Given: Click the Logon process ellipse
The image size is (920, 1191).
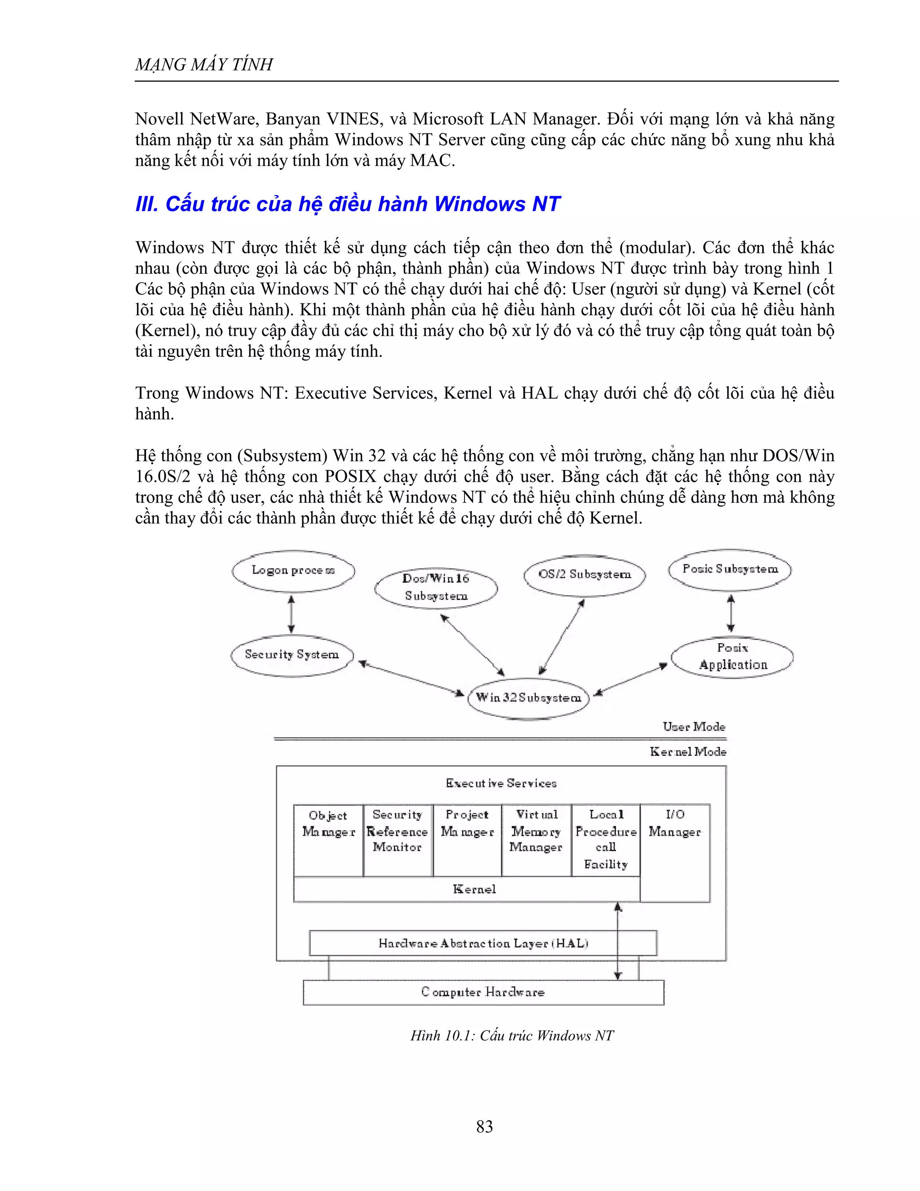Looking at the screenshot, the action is click(293, 571).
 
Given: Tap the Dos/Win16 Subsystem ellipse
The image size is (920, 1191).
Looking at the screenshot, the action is click(436, 588).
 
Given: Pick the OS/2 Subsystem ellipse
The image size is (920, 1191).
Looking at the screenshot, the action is click(584, 575).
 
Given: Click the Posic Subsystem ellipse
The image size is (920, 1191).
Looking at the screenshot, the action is click(730, 570).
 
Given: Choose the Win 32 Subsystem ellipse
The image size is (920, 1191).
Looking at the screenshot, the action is click(528, 698).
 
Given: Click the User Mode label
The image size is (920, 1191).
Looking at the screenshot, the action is click(694, 727).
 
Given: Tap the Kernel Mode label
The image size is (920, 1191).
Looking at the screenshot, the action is click(688, 752).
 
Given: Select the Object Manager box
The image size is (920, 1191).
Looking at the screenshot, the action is click(328, 840).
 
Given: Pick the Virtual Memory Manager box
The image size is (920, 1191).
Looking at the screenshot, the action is click(536, 840).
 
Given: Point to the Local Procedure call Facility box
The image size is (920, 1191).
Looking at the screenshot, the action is click(606, 840).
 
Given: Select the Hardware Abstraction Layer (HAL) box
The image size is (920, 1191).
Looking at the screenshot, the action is click(483, 943).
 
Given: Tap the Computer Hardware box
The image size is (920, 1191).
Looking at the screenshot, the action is click(483, 992).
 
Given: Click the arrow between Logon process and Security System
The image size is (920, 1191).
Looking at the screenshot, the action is click(292, 613).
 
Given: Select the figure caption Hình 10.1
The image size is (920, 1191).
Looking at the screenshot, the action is click(512, 1035).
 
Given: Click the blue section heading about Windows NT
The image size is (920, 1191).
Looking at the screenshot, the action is click(347, 204).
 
